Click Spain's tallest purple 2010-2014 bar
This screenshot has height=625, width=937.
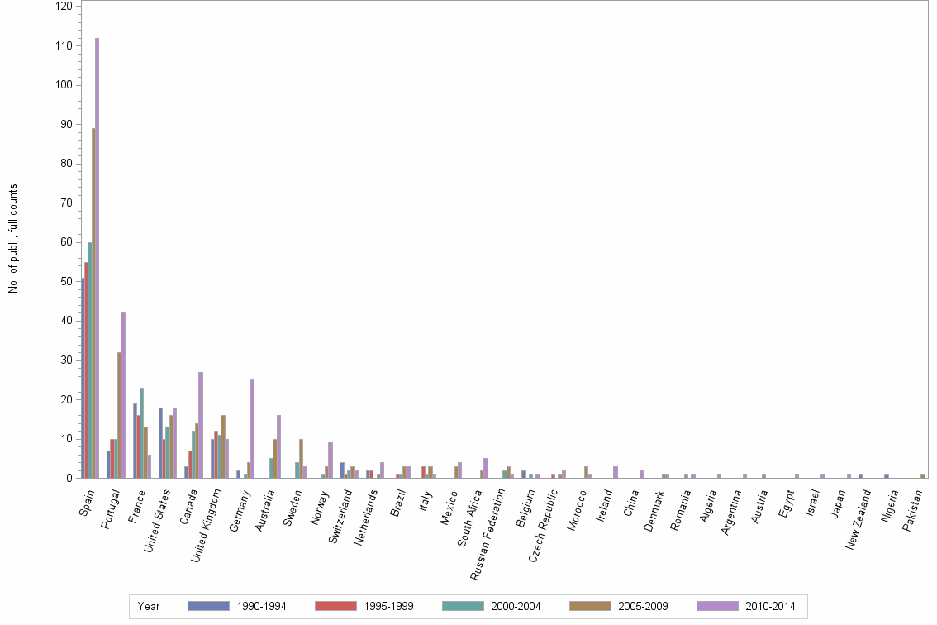pos(97,258)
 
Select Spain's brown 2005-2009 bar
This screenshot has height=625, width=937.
pos(93,303)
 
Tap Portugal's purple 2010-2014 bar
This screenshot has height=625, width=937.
pos(123,395)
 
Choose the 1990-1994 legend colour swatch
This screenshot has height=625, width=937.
pos(208,606)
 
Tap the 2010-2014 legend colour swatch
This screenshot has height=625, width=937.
pos(717,606)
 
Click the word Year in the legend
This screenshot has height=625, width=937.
pos(149,607)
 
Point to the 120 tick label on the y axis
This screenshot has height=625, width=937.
pos(63,7)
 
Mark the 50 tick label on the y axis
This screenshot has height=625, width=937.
pos(66,281)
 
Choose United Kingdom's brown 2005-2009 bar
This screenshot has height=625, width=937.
pos(223,446)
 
